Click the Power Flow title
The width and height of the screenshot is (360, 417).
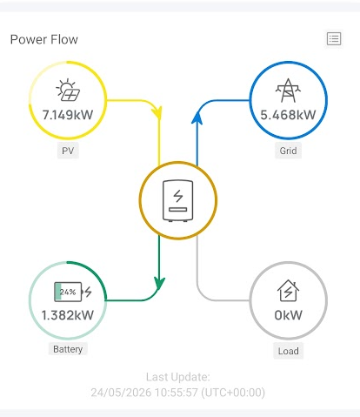pos(44,39)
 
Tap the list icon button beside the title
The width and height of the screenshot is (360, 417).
pos(334,39)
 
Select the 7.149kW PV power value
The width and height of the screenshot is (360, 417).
pos(68,115)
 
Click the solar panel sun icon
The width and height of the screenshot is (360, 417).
pos(68,90)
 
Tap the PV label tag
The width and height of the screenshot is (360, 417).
pos(68,151)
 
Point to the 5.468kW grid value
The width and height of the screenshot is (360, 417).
pos(288,115)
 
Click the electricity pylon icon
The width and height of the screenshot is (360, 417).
pos(288,91)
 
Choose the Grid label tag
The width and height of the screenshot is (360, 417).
pos(288,151)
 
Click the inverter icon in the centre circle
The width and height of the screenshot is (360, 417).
pos(177,200)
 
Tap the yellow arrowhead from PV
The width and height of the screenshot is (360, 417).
pos(157,112)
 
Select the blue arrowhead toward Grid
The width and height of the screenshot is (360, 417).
pos(197,118)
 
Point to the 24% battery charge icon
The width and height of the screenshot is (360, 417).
pos(73,292)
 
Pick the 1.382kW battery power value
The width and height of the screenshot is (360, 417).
pos(68,315)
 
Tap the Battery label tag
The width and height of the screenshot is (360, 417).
pos(68,349)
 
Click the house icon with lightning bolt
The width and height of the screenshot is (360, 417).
pos(288,291)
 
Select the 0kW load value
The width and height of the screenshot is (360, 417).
pos(288,315)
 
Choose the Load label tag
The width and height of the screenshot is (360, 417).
pos(288,351)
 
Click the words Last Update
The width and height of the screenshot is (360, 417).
pos(178,377)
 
